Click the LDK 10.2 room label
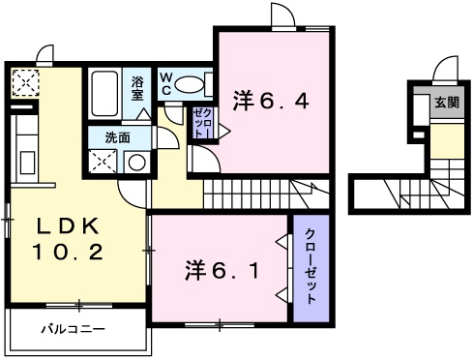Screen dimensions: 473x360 67,239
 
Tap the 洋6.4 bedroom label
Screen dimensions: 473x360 271,101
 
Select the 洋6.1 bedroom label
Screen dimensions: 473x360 222,270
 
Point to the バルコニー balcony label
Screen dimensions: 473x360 74,329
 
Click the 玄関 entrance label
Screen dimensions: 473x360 447,103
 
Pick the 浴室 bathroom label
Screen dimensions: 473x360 137,88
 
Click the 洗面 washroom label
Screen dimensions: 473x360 118,137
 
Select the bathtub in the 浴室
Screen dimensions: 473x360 104,94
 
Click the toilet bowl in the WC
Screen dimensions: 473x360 189,85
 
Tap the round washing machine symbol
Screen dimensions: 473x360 137,163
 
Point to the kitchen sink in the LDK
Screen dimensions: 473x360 27,163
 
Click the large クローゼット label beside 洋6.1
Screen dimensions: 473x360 310,266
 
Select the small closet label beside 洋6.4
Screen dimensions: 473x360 202,123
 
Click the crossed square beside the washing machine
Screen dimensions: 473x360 103,162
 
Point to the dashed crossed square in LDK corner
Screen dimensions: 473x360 25,83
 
